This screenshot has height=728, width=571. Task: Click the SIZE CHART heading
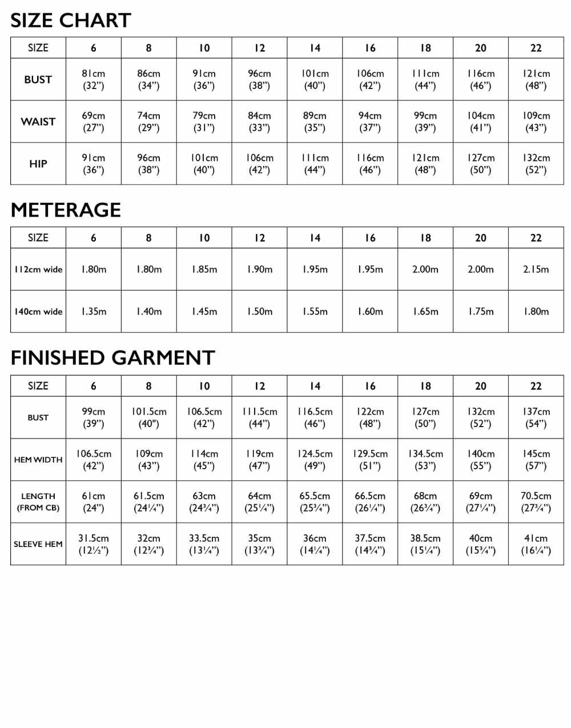coord(71,21)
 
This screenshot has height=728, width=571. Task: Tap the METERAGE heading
coord(66,210)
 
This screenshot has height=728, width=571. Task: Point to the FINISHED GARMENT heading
coord(112,358)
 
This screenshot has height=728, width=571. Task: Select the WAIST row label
coord(38,122)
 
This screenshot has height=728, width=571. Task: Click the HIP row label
coord(38,164)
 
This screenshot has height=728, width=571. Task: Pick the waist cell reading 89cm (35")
coord(315,122)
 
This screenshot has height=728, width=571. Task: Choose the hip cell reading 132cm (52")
coord(536,164)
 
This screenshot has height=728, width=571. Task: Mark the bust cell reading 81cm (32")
coord(94,79)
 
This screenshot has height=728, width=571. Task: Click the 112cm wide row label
coord(38,270)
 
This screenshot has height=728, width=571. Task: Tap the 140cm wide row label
coord(38,312)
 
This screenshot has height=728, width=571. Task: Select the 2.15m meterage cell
coord(536,270)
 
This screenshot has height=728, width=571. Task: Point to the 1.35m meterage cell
coord(94,312)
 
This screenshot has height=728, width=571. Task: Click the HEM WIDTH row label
coord(38,460)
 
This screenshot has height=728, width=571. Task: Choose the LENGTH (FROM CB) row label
coord(38,502)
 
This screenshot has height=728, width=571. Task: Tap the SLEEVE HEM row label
coord(38,544)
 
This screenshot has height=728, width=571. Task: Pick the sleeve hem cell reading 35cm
coord(259,544)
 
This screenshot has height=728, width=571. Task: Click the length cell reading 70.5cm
coord(536,502)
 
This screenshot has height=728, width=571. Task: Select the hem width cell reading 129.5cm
coord(370,460)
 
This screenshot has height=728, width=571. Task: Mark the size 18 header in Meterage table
coord(425,238)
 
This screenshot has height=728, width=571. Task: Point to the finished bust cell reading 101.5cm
coord(148,417)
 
